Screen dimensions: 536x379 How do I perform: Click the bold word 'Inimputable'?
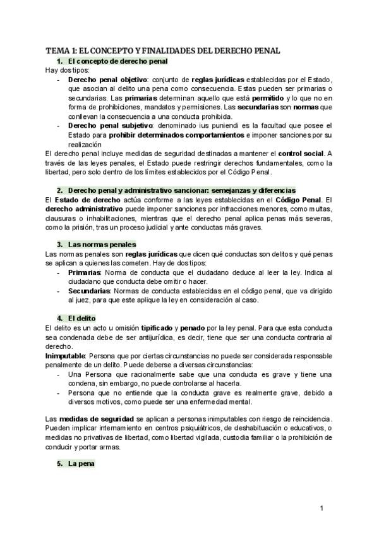tap(66, 356)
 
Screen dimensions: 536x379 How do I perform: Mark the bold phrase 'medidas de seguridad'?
tap(96, 420)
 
